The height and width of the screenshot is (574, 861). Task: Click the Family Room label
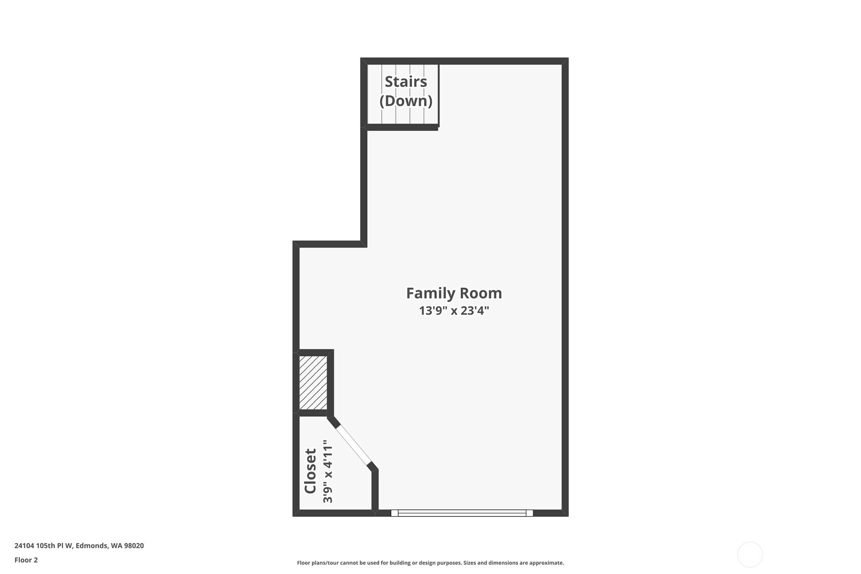tap(454, 293)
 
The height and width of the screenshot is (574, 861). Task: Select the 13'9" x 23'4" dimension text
tap(454, 311)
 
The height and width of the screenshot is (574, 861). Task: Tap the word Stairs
tap(405, 82)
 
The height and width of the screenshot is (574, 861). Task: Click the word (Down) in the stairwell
tap(406, 100)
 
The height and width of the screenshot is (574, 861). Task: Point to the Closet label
tap(310, 471)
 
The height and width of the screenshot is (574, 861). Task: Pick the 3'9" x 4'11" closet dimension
tap(328, 471)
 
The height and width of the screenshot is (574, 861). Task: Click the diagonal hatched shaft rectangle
tap(313, 383)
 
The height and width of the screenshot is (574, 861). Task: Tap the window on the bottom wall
tap(462, 513)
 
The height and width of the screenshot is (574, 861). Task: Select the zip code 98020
tap(134, 546)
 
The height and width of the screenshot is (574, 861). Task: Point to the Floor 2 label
tap(26, 560)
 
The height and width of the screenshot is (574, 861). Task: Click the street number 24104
tap(24, 546)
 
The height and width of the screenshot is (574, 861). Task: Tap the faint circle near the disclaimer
tap(750, 554)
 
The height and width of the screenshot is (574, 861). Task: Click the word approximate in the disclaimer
tap(546, 563)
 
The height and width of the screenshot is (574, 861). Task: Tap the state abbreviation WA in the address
tap(116, 546)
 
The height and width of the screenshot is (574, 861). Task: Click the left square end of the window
tap(394, 513)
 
